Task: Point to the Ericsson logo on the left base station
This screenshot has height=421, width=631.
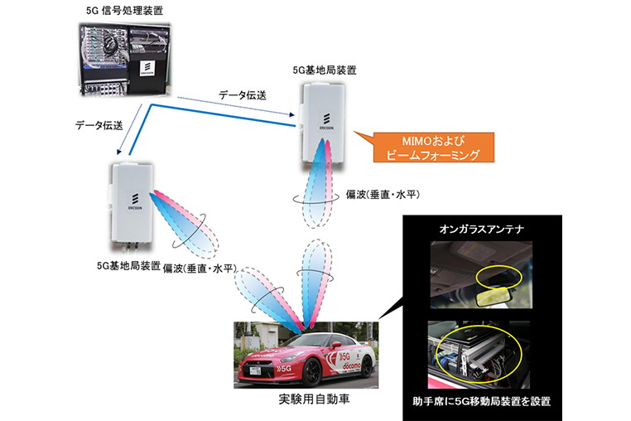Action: pyautogui.click(x=132, y=201)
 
